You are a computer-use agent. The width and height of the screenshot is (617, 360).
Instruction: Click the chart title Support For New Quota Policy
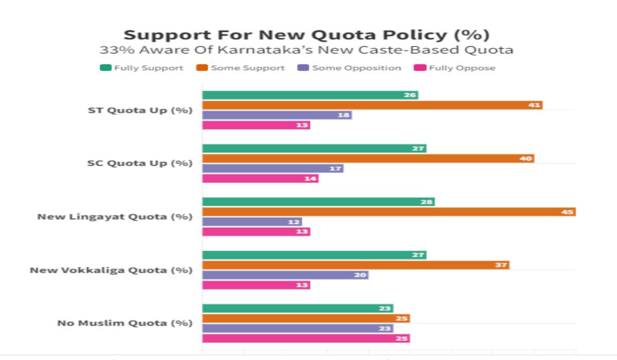coord(306,35)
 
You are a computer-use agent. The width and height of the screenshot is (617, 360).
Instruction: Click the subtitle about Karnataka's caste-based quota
coord(306,50)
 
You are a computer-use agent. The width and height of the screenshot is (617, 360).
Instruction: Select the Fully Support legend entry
coord(142,68)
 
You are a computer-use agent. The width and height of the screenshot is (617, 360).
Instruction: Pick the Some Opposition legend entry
coord(350,68)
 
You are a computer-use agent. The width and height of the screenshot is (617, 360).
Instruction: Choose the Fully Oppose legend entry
coord(456,68)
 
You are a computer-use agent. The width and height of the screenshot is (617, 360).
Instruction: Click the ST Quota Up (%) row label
coord(140,110)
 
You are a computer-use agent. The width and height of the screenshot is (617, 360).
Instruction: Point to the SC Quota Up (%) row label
coord(140,163)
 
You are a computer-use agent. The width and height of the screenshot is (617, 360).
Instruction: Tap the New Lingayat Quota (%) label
coord(115,217)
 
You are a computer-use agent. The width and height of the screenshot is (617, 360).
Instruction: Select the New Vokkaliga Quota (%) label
coord(111,270)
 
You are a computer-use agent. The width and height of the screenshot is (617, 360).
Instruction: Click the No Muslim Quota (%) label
coord(124,323)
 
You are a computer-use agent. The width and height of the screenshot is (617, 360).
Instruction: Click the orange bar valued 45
coord(388,212)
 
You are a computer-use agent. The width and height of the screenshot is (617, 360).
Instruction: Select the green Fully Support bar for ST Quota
coord(310,95)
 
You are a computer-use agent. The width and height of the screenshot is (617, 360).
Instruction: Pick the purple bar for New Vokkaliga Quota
coord(285,275)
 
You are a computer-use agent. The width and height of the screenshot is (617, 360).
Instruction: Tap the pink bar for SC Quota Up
coord(260,178)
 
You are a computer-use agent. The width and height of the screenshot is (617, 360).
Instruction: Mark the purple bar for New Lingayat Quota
coord(252,222)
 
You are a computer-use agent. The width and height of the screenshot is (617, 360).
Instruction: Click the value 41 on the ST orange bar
coord(535,105)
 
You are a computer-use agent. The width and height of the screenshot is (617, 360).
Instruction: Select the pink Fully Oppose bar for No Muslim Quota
coord(306,338)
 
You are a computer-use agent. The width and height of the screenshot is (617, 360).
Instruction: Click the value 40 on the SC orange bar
coord(526,158)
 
